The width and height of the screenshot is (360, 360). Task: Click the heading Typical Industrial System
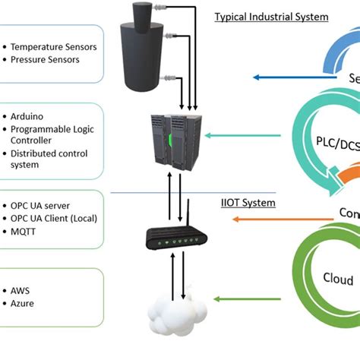point(270,17)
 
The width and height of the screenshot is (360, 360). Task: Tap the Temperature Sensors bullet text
point(54,47)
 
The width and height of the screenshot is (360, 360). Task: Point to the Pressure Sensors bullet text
point(45,60)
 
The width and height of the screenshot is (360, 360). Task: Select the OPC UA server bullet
point(42,205)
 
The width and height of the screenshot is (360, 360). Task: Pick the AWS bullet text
point(22,290)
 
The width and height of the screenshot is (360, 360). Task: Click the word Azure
point(23,303)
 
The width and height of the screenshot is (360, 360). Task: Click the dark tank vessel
point(141,53)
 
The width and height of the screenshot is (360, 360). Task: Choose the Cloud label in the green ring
point(338,278)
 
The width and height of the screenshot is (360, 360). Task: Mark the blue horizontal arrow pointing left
point(282,77)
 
